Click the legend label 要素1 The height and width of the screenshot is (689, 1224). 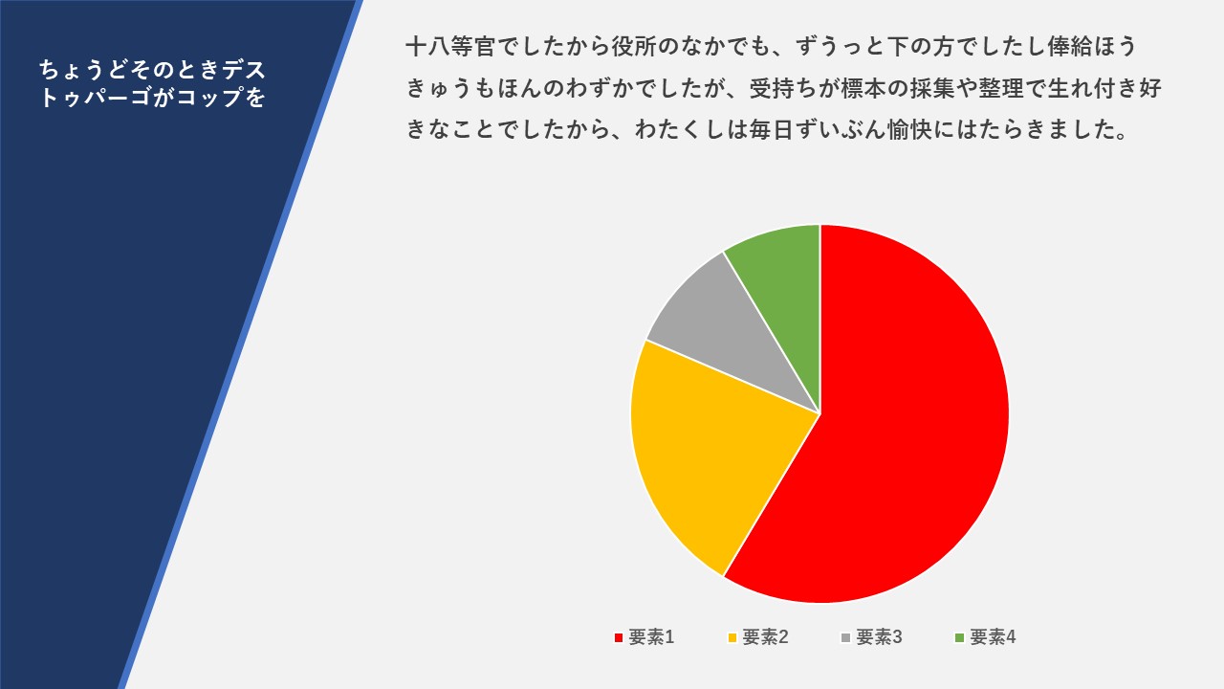click(x=651, y=637)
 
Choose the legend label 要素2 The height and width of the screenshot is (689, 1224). click(x=765, y=637)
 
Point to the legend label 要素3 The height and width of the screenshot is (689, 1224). click(x=879, y=637)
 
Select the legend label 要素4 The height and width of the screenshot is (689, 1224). click(x=993, y=637)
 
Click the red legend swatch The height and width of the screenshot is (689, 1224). click(x=619, y=637)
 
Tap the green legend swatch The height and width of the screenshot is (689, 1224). click(x=959, y=637)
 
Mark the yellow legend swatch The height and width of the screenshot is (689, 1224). click(x=732, y=637)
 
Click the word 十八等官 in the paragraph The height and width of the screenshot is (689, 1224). click(x=451, y=46)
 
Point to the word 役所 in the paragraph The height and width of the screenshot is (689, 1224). click(x=634, y=46)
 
